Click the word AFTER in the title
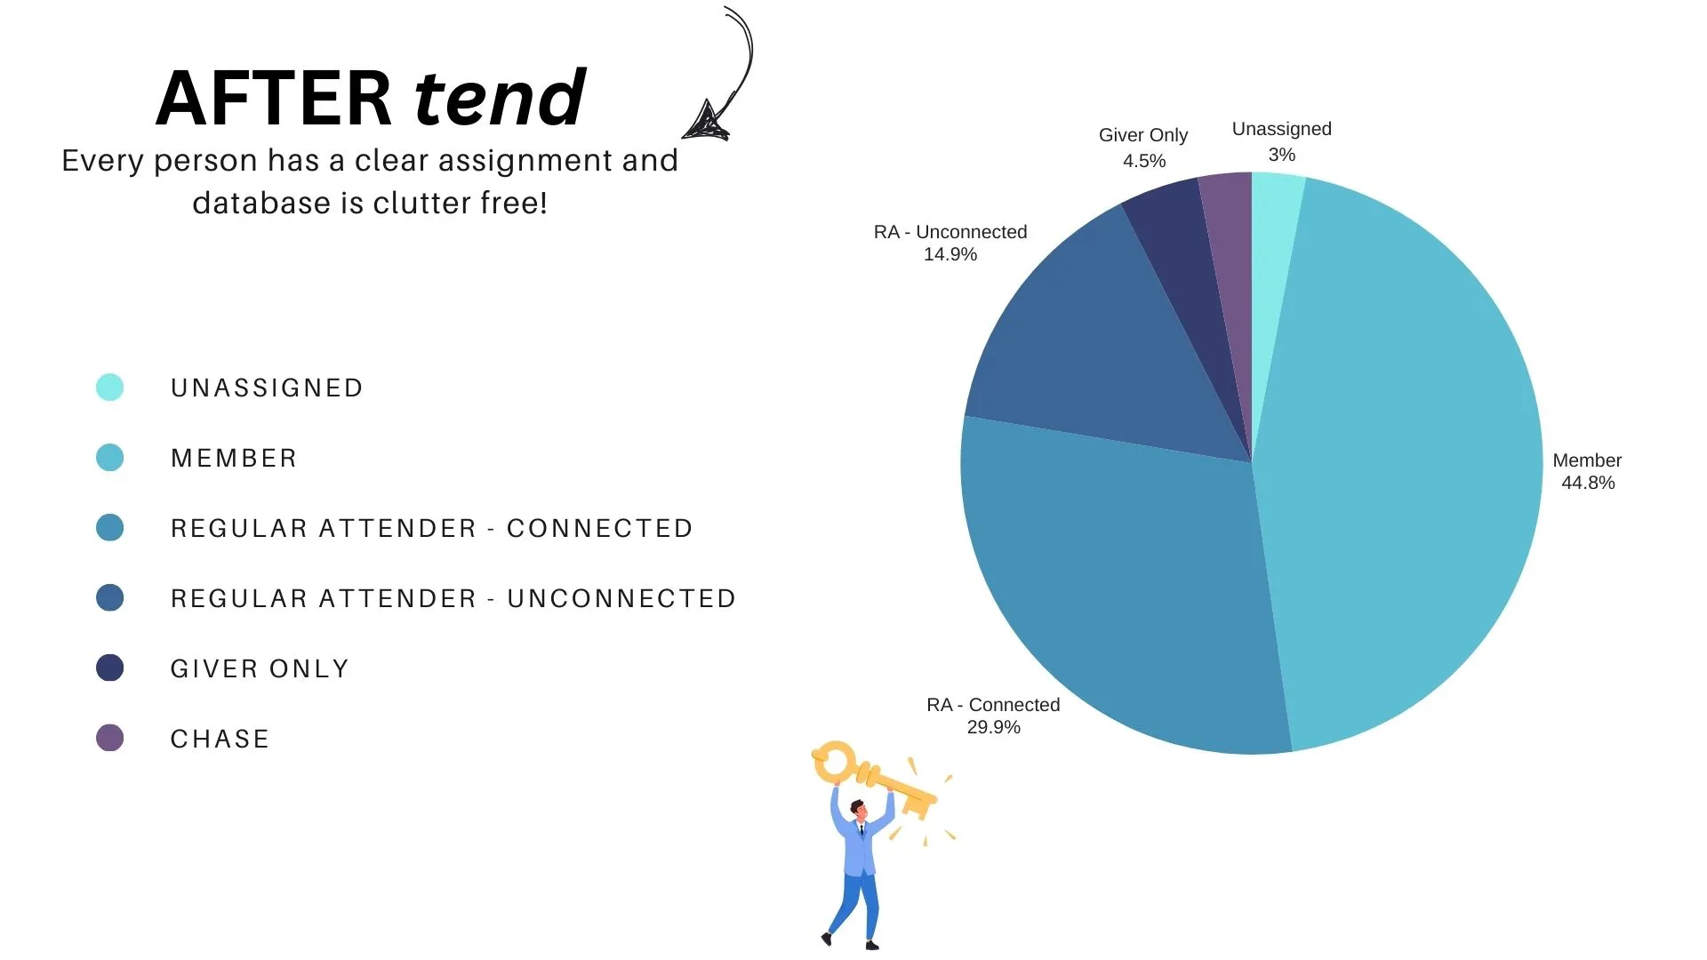click(274, 98)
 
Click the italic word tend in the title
click(500, 97)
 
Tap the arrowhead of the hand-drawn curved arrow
click(708, 122)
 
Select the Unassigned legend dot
click(109, 388)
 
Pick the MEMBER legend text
click(234, 458)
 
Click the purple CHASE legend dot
click(109, 738)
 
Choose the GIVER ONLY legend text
click(260, 668)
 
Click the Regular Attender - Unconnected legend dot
click(109, 598)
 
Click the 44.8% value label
click(1588, 483)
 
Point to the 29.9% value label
click(993, 727)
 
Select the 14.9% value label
click(950, 254)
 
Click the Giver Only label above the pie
click(1143, 135)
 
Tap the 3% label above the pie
click(1282, 155)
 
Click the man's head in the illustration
click(858, 809)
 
